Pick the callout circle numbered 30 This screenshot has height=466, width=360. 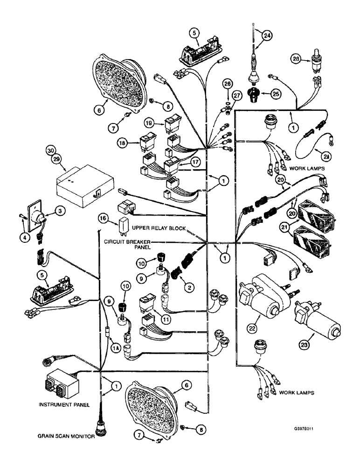coord(51,151)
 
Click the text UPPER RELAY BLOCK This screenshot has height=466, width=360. coord(159,229)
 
